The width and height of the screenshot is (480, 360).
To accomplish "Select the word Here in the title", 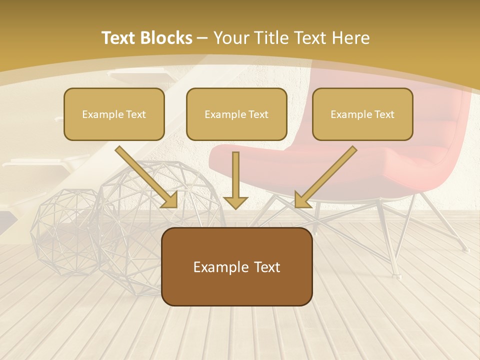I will click(x=352, y=38).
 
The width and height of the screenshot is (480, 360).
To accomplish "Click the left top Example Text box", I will click(x=114, y=114).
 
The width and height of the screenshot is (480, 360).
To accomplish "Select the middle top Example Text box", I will click(x=236, y=114).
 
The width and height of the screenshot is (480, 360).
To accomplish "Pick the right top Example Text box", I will click(x=362, y=114).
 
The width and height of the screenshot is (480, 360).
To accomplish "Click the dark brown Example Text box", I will click(x=236, y=267).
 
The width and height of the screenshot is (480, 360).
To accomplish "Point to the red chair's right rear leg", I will click(x=450, y=225).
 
